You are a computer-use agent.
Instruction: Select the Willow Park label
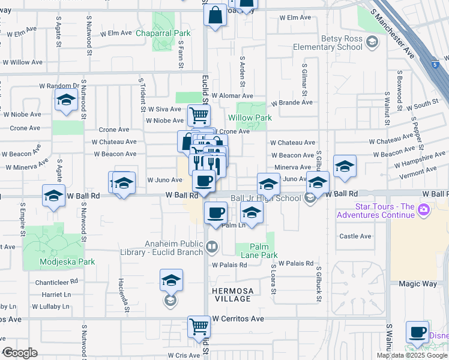(x=250, y=118)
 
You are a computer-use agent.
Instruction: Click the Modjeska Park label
(x=59, y=262)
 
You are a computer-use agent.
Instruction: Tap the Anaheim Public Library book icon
(x=211, y=245)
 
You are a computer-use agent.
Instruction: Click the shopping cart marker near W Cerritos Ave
(x=199, y=327)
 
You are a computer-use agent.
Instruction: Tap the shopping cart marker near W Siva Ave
(x=199, y=114)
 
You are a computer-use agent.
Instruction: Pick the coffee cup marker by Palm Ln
(x=215, y=212)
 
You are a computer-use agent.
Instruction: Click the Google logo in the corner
(x=19, y=353)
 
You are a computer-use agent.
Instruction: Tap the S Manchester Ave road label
(x=393, y=34)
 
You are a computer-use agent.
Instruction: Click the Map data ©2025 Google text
(x=412, y=355)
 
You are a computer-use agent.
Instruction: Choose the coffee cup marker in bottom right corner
(x=417, y=332)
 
